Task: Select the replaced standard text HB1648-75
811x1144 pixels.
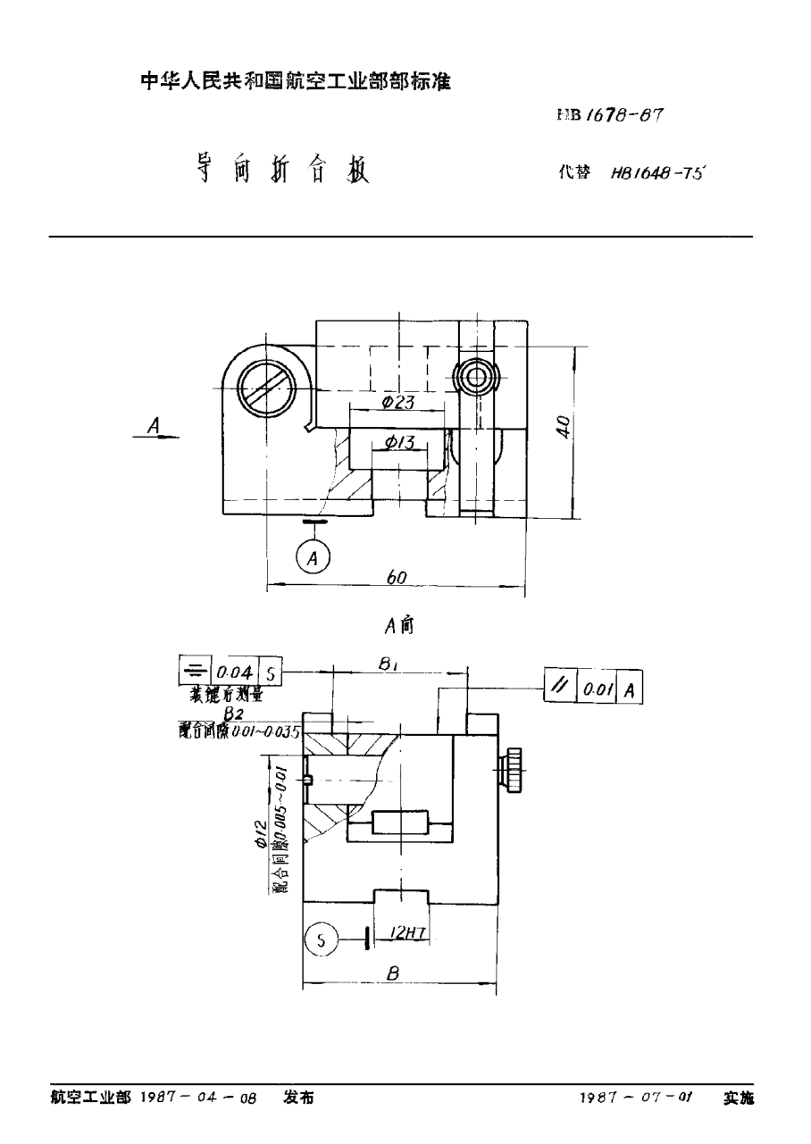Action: (657, 175)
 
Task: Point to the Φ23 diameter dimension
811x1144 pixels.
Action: (397, 403)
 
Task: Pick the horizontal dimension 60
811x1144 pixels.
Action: (397, 578)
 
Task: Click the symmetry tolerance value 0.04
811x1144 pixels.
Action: (233, 672)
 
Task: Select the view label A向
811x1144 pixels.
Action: (398, 626)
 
